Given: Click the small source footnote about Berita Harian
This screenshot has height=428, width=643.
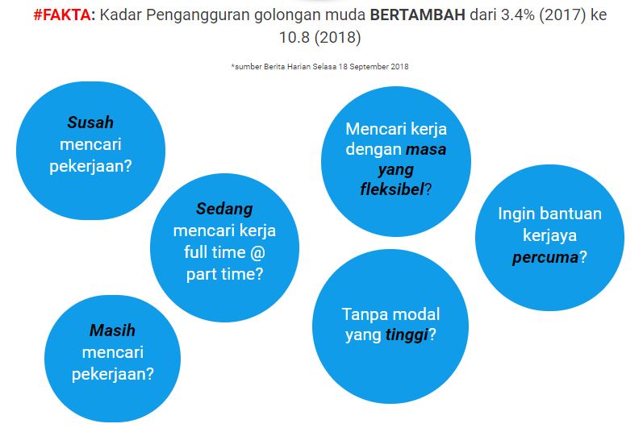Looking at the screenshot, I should tap(319, 66).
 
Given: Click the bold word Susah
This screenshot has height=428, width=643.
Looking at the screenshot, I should tap(90, 123).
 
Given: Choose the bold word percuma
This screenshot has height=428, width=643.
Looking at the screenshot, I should tap(545, 258).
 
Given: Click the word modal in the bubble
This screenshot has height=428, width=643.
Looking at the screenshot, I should tap(411, 314).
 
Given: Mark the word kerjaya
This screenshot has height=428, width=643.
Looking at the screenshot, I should tap(549, 236).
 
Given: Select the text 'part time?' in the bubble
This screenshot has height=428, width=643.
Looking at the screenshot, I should tap(225, 273).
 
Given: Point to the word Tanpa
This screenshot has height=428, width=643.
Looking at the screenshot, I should tap(361, 314).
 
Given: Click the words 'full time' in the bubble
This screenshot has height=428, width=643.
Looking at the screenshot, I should tap(213, 251).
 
